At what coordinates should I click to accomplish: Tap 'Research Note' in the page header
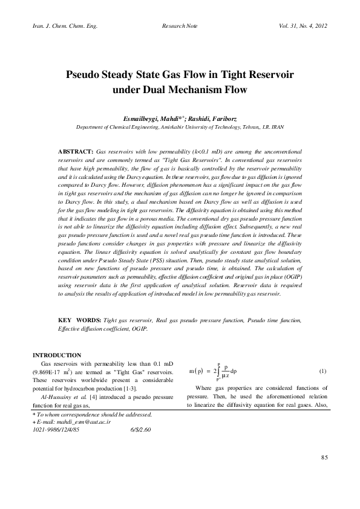click(180, 27)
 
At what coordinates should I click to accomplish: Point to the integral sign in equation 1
click(217, 371)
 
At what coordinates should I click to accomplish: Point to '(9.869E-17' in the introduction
click(48, 373)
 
